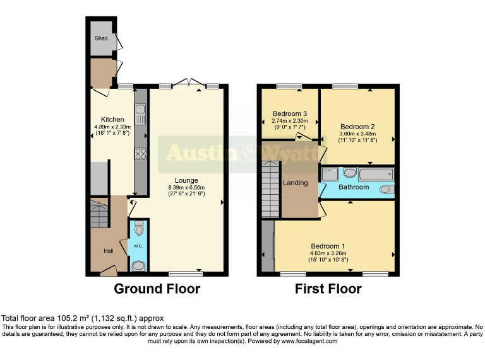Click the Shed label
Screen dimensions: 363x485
coord(101,38)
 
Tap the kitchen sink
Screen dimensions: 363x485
coord(140,115)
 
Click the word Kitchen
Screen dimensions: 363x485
coord(113,120)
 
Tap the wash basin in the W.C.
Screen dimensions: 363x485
coord(138,265)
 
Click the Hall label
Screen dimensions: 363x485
coord(108,251)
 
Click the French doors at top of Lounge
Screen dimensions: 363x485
coord(190,83)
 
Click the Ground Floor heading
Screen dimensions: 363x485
coord(157,289)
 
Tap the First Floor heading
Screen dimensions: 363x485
coord(328,289)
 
